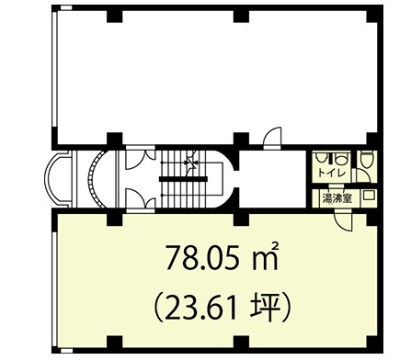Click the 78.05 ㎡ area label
pos(223,257)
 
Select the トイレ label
pos(332,173)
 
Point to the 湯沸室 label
pos(337,198)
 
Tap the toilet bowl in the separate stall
pos(366,160)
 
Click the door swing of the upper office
pos(272,138)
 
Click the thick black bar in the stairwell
pos(183,179)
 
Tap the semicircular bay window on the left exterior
pos(57,179)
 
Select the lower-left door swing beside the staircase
pos(141,199)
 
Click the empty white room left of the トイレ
pos(273,179)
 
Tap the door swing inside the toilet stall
pos(362,176)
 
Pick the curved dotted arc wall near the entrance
pos(94,179)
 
